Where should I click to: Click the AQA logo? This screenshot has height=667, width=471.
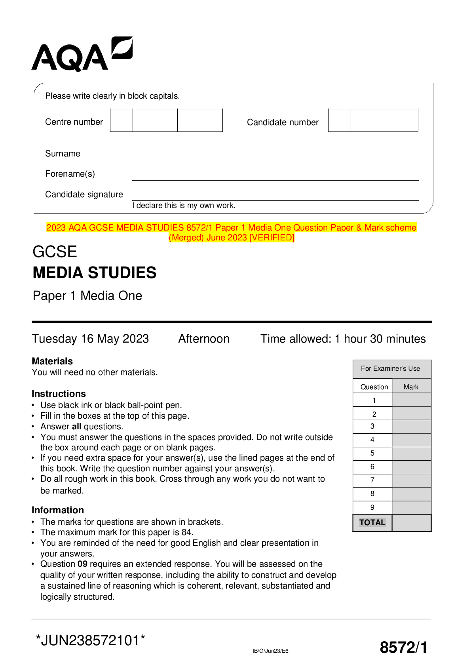tap(82, 55)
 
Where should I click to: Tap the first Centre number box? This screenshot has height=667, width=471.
tap(121, 120)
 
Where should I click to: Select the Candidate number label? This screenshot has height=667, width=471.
tap(283, 122)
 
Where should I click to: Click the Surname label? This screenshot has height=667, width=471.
tap(63, 154)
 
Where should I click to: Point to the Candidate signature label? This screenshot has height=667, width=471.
tap(84, 194)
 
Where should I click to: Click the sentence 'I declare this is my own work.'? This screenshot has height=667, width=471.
tap(184, 206)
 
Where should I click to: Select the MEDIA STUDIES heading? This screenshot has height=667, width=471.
tap(94, 273)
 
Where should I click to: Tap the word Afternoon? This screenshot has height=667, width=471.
tap(204, 339)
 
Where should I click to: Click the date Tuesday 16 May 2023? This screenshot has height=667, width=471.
tap(90, 339)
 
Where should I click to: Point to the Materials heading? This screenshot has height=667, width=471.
tap(52, 361)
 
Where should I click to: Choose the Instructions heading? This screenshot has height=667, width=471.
tap(59, 394)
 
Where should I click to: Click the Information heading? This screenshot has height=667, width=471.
tap(58, 510)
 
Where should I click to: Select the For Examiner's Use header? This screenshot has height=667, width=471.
tap(390, 368)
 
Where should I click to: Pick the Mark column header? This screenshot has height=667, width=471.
tap(411, 387)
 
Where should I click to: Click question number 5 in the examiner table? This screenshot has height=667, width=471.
tap(372, 453)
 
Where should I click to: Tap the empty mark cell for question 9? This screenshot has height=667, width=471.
tap(411, 507)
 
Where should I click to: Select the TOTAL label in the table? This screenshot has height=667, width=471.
tap(372, 522)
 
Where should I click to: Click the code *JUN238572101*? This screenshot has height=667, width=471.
tap(90, 640)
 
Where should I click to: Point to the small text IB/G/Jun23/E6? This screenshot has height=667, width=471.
tap(270, 651)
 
